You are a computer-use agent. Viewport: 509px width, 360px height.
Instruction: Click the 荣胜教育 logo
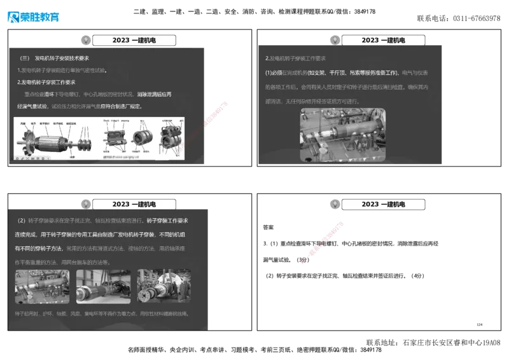coord(32,17)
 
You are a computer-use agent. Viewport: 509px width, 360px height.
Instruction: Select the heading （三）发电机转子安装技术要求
coord(54,58)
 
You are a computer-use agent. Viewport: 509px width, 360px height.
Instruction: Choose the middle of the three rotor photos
coord(104,287)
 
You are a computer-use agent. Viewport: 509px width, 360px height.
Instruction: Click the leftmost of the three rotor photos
coord(42,287)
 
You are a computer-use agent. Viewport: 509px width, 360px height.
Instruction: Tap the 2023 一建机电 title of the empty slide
coord(383,204)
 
